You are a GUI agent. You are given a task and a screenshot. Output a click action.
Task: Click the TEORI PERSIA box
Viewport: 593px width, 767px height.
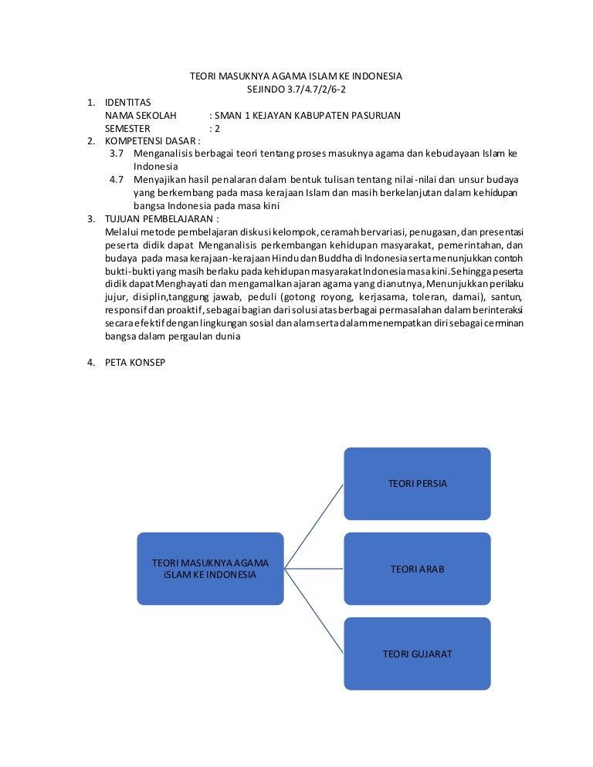click(417, 484)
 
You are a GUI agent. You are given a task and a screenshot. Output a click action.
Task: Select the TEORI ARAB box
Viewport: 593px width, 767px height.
click(417, 569)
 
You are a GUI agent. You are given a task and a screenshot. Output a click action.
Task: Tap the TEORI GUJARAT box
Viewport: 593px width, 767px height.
click(417, 654)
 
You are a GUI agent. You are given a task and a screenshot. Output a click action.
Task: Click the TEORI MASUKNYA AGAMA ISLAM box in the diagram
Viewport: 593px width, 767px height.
click(210, 569)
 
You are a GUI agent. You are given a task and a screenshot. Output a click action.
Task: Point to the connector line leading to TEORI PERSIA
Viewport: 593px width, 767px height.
click(314, 526)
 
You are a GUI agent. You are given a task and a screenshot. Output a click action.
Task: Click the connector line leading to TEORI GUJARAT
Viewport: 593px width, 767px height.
click(314, 611)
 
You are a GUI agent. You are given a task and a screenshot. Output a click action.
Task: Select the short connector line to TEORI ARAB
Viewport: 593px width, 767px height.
click(314, 569)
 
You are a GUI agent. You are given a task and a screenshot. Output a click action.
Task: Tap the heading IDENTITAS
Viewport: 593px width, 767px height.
click(128, 103)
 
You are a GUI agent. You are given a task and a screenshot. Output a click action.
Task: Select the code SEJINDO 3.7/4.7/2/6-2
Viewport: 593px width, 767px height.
click(296, 89)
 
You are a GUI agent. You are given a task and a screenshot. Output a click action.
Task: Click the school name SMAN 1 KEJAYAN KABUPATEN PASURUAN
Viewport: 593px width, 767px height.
click(309, 116)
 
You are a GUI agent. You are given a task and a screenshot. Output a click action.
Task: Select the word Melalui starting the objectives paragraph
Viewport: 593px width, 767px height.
click(121, 231)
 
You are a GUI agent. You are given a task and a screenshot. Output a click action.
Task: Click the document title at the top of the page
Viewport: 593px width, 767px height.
click(296, 76)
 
